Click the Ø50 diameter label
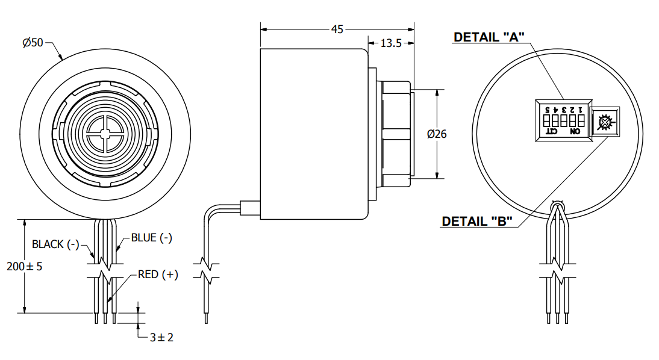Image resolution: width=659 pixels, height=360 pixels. pyautogui.click(x=33, y=43)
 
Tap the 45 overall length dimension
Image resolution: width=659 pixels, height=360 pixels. pyautogui.click(x=337, y=29)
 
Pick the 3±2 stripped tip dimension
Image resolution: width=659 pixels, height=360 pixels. pyautogui.click(x=161, y=337)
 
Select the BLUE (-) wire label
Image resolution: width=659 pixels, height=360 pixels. pyautogui.click(x=151, y=238)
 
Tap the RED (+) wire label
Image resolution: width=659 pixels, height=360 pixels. pyautogui.click(x=158, y=275)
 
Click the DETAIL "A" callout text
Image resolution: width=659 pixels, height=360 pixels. pyautogui.click(x=489, y=37)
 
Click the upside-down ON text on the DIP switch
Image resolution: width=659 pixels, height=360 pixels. pyautogui.click(x=575, y=131)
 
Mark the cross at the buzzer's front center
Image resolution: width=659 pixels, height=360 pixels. pyautogui.click(x=105, y=134)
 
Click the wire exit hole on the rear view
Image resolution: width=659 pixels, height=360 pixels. pyautogui.click(x=557, y=206)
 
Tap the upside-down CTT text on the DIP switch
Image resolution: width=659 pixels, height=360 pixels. pyautogui.click(x=551, y=131)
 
